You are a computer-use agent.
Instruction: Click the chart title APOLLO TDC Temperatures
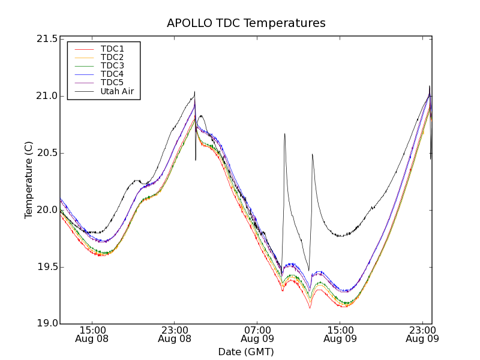click(x=246, y=23)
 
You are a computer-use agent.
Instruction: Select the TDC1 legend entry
click(x=112, y=49)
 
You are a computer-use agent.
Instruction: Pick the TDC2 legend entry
click(x=112, y=57)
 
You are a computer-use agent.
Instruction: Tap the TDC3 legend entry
click(x=112, y=65)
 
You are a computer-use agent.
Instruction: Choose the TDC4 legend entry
click(x=112, y=74)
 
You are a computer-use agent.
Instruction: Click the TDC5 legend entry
click(x=112, y=82)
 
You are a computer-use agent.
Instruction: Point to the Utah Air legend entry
click(x=116, y=91)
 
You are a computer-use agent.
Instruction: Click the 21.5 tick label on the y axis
click(x=47, y=39)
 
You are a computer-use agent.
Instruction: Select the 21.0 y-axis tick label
click(x=47, y=96)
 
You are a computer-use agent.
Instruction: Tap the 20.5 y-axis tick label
click(x=47, y=153)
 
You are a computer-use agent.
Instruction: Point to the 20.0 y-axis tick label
click(x=47, y=210)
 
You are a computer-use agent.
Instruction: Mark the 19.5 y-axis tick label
click(x=47, y=267)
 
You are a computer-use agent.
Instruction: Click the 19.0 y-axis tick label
click(x=47, y=324)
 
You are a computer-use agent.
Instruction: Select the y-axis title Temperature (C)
click(x=29, y=180)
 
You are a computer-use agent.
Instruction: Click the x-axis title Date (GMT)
click(x=246, y=352)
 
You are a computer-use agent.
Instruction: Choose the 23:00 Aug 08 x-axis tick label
click(x=175, y=334)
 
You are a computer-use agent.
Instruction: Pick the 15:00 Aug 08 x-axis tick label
click(x=92, y=334)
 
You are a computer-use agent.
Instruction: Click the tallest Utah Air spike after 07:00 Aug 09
click(x=284, y=134)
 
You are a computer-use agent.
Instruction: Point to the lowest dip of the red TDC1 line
click(x=310, y=308)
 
